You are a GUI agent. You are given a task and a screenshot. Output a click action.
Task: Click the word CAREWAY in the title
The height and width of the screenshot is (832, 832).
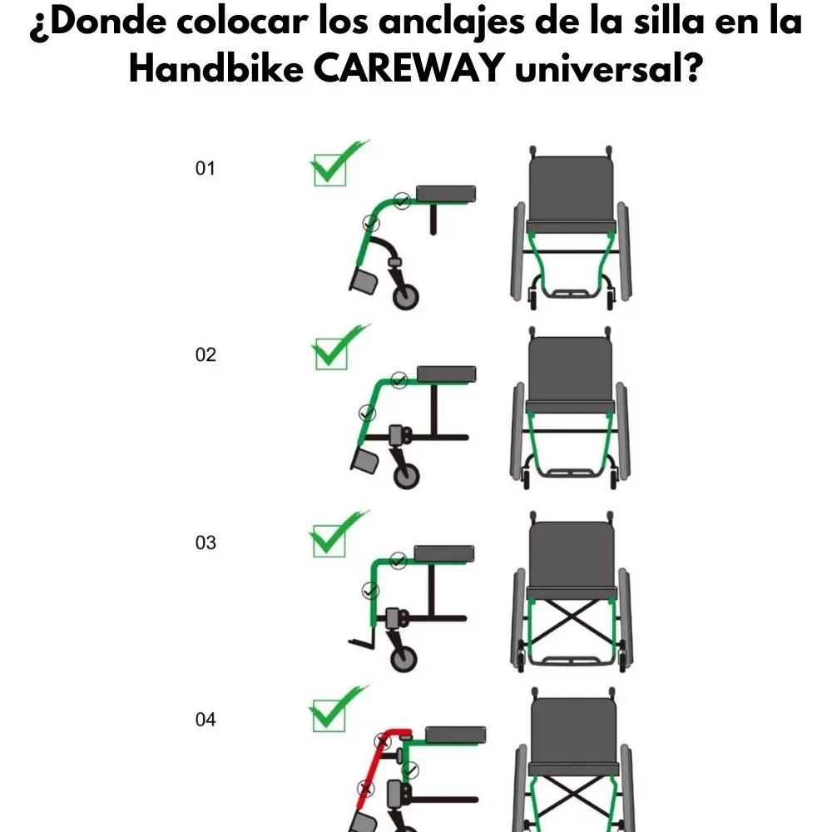(x=409, y=68)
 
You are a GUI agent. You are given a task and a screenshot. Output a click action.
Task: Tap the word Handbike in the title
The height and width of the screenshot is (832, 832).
(x=216, y=68)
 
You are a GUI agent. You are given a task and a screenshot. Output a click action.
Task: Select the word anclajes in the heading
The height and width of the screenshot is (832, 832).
(x=452, y=23)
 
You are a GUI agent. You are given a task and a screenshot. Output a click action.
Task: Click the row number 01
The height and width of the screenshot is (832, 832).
(x=206, y=168)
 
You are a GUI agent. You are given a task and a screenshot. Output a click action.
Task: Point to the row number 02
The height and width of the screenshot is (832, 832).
(x=206, y=354)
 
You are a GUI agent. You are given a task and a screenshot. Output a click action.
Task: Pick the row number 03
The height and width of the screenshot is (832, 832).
(x=206, y=542)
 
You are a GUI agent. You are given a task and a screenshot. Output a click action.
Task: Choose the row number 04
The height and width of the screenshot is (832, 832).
(x=206, y=719)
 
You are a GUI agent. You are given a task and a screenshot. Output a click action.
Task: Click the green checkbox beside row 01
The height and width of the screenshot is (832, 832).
(x=330, y=170)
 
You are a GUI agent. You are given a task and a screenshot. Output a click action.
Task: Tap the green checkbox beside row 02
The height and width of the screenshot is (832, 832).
(x=331, y=354)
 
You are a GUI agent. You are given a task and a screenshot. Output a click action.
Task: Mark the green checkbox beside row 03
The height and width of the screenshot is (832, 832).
(x=329, y=541)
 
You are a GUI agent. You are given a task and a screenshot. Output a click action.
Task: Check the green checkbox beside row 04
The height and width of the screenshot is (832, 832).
(x=329, y=716)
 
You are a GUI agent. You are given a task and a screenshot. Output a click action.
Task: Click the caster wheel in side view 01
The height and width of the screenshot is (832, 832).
(x=406, y=297)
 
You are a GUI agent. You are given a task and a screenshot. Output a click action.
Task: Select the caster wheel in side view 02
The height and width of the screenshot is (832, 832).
(x=407, y=476)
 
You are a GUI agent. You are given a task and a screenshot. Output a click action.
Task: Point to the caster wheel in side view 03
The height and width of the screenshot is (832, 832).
(x=404, y=658)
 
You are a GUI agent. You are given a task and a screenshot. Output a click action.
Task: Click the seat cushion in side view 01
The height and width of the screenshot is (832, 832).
(x=446, y=194)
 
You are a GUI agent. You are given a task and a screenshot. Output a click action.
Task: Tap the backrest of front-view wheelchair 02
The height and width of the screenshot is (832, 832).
(x=571, y=369)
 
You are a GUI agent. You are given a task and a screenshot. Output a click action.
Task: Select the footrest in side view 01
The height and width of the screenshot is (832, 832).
(x=364, y=281)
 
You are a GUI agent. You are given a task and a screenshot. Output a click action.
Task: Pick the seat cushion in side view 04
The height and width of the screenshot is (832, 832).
(x=455, y=735)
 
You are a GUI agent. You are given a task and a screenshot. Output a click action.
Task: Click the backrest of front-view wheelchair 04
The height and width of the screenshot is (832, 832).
(x=574, y=730)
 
